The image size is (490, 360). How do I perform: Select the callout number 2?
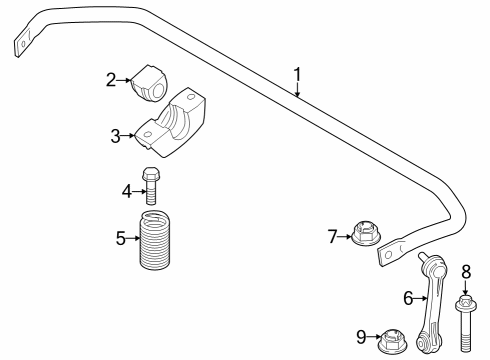coord(113,79)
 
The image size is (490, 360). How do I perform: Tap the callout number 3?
coord(116,134)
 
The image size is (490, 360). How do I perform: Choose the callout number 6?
coord(408,296)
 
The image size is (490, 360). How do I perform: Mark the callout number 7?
coord(333,236)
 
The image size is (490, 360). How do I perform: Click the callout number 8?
coord(465,270)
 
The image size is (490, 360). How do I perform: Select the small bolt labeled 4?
coord(152,184)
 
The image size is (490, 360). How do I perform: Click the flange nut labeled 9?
coord(390,340)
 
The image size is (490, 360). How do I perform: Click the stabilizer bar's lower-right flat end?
coord(390,256)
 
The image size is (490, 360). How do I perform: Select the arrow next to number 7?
coord(345,237)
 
